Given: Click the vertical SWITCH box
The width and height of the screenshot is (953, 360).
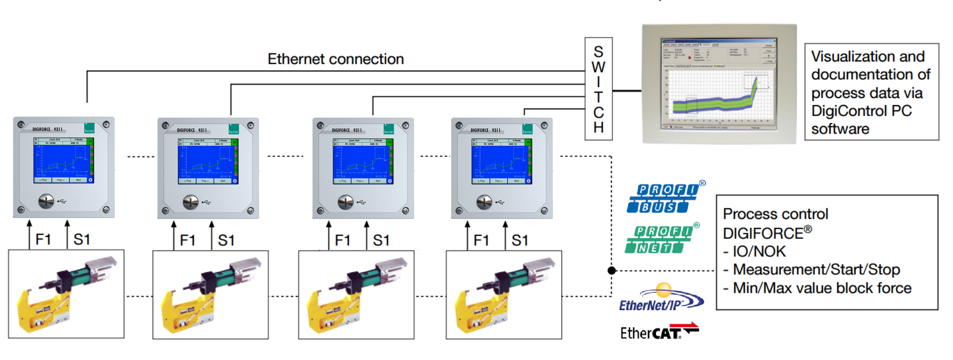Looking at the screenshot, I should click(x=598, y=89).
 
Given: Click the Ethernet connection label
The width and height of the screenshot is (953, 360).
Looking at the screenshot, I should click(x=335, y=59).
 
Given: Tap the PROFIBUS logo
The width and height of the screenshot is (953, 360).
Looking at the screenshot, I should click(x=662, y=198).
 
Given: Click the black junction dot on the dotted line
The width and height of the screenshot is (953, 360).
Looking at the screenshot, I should click(x=612, y=270).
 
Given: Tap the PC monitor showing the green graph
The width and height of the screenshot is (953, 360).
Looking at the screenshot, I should click(x=719, y=84).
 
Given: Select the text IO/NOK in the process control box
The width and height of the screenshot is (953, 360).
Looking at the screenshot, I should click(x=759, y=251).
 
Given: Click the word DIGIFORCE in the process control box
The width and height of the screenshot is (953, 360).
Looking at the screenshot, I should click(x=763, y=233).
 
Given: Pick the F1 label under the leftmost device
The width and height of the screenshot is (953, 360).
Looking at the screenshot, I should click(x=43, y=239).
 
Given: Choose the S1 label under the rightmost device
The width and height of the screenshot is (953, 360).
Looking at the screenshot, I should click(x=520, y=240).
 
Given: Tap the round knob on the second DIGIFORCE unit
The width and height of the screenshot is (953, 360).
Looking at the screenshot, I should click(x=191, y=202).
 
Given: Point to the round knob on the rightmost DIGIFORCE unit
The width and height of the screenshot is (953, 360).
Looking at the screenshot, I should click(x=484, y=202).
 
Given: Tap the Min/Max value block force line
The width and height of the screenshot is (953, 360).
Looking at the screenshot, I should click(x=822, y=288).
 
